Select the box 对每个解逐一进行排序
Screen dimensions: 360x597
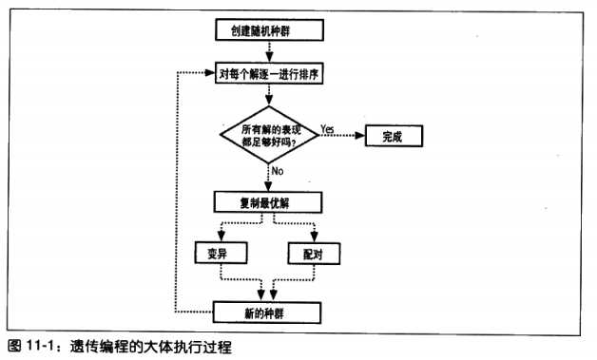tap(270, 72)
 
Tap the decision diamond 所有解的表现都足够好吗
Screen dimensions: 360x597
tap(270, 135)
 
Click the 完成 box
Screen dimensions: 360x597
tap(392, 135)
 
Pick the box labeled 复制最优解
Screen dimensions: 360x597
tap(270, 201)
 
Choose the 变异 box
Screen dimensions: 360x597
tap(221, 252)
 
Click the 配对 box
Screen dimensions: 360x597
tap(313, 252)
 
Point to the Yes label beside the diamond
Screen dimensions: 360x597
tap(327, 127)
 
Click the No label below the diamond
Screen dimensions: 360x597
tap(278, 171)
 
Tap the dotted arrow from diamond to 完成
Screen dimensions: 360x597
tap(342, 136)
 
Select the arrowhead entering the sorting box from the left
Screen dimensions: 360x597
tap(211, 73)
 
